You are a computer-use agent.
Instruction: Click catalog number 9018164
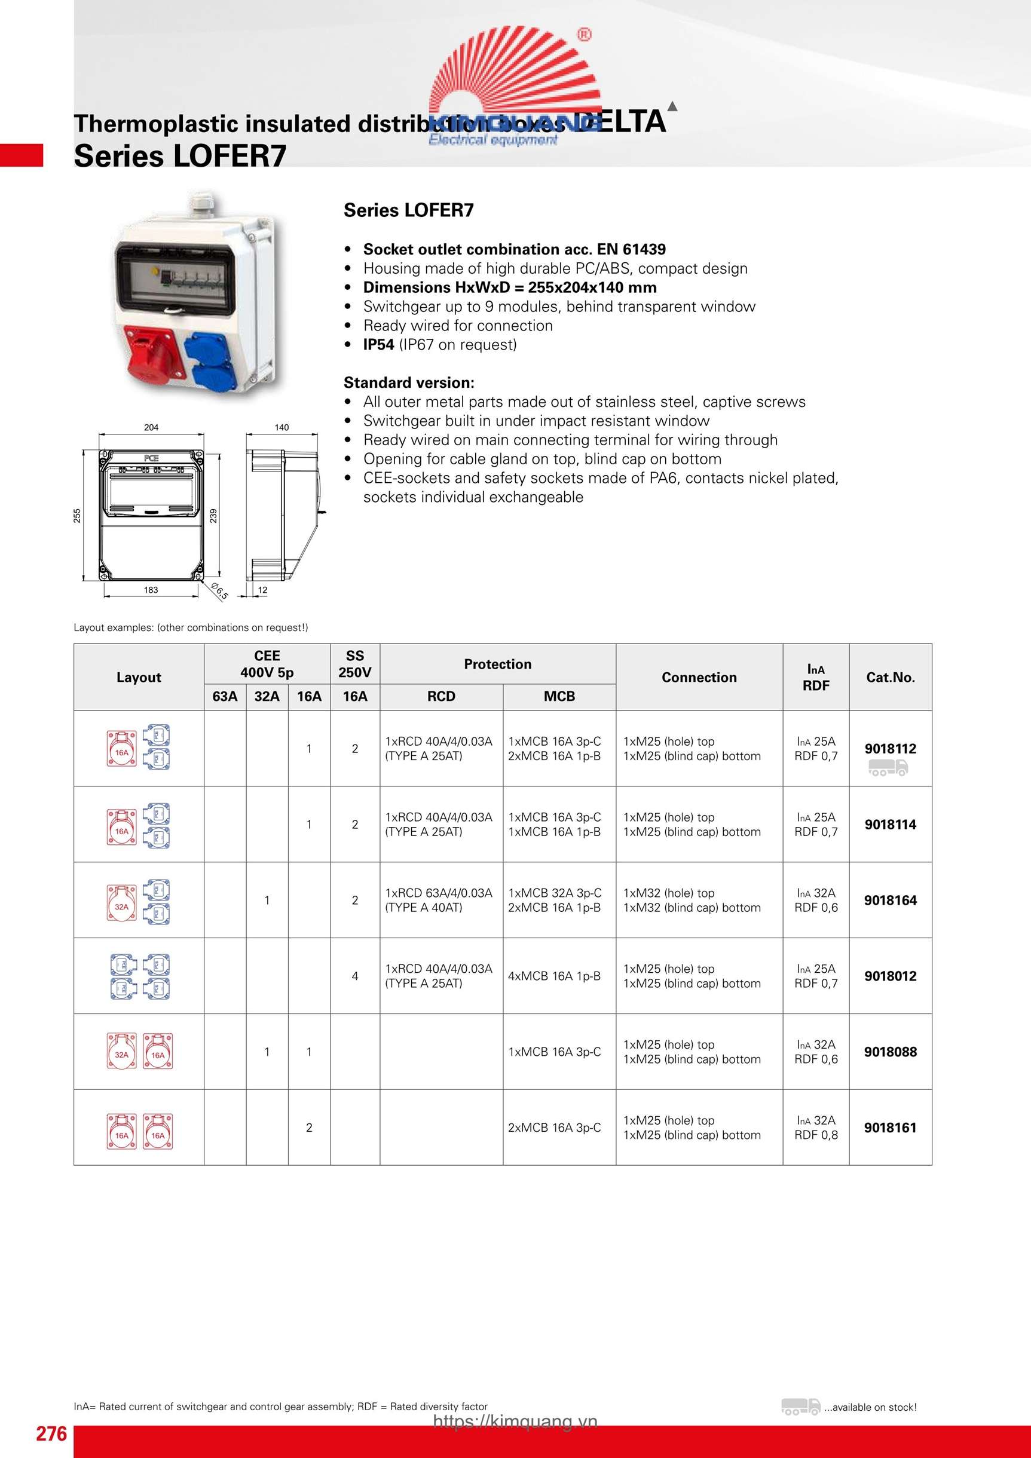[890, 900]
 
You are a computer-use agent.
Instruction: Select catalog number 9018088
[890, 1052]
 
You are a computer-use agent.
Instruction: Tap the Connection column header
[699, 678]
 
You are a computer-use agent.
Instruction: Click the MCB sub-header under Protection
[559, 697]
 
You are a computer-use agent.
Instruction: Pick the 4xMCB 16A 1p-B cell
[554, 976]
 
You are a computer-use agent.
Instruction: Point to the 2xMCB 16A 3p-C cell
[554, 1128]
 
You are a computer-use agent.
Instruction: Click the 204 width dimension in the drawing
[151, 427]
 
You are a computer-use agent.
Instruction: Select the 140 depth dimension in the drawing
[282, 427]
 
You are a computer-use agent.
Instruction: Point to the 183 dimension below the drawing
[151, 590]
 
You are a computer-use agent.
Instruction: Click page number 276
[51, 1434]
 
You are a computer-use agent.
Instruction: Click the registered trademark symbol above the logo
[584, 34]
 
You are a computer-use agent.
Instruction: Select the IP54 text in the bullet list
[378, 345]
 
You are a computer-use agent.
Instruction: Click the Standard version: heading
[409, 383]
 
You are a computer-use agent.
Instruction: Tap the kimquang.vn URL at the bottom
[515, 1422]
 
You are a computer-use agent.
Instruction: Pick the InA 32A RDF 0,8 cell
[816, 1128]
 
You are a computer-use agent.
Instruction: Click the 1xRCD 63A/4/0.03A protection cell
[438, 900]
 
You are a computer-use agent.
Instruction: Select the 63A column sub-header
[225, 697]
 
